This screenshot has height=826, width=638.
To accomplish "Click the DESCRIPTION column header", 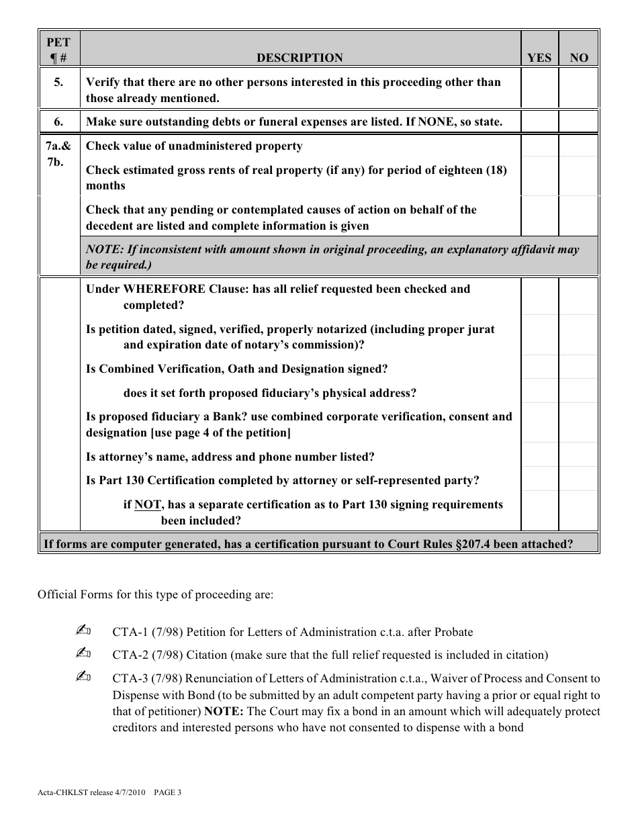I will click(x=300, y=58).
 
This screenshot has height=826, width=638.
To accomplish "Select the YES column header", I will click(x=539, y=58).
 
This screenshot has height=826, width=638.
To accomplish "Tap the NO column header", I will click(x=578, y=58).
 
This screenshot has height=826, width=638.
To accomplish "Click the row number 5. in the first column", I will click(x=59, y=83).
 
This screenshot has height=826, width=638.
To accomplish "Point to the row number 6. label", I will click(x=59, y=122).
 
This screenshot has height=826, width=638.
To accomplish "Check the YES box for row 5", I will click(x=539, y=89).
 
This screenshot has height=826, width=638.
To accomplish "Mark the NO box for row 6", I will click(x=578, y=122).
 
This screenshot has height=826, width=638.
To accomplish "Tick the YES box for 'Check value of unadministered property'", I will click(x=539, y=146).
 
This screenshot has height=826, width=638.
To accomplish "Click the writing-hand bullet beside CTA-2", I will click(x=84, y=654).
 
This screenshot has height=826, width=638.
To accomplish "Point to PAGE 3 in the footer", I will click(x=168, y=792).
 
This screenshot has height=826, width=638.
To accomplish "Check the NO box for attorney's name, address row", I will click(x=578, y=457).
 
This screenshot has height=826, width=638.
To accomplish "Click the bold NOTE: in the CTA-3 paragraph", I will click(x=222, y=711).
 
